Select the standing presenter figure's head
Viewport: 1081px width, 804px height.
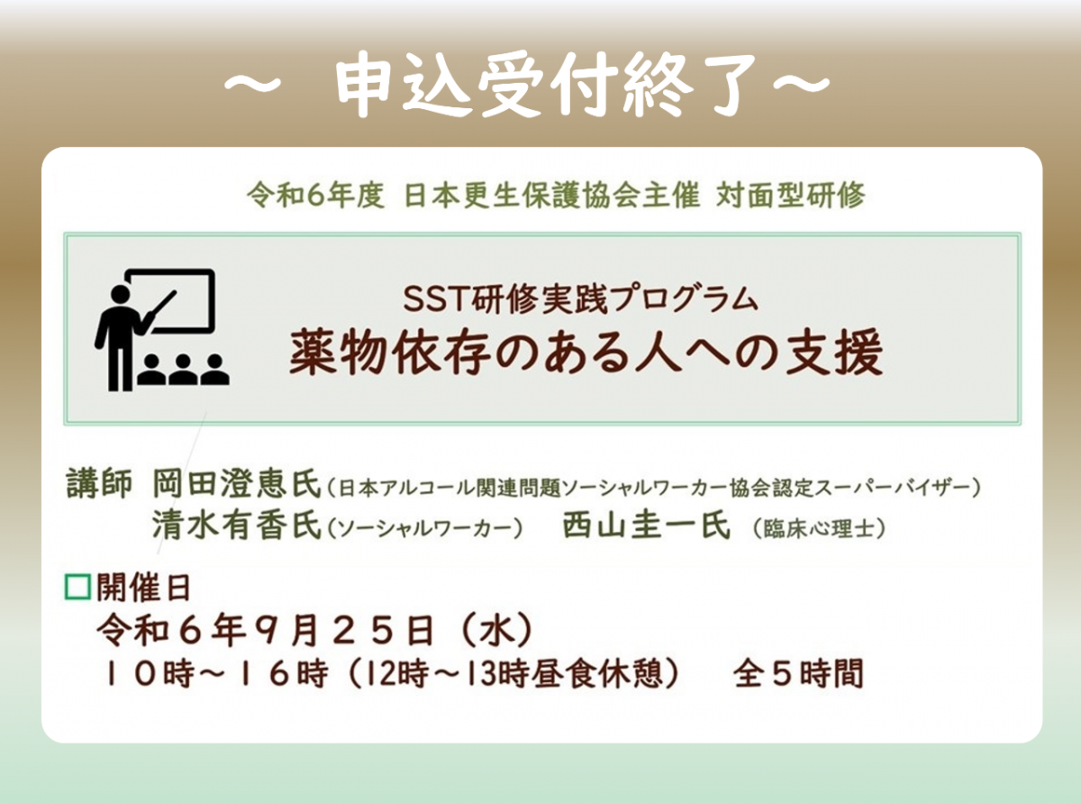pos(120,295)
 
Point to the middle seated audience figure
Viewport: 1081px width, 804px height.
pos(183,370)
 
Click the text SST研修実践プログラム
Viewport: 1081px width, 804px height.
pos(580,299)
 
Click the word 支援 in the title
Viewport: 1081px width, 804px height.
pos(833,352)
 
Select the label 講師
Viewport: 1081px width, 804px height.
pos(99,483)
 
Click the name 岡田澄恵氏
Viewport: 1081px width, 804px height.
pos(237,483)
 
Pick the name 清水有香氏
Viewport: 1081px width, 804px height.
pos(237,525)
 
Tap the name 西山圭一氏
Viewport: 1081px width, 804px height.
pos(646,525)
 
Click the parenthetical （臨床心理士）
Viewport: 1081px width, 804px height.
pos(819,528)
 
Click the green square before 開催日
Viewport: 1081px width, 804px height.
pos(78,587)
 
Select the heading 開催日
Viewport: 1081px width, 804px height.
pos(143,588)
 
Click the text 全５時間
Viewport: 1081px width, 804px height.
pos(798,673)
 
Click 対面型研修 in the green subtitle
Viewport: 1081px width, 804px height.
pos(791,195)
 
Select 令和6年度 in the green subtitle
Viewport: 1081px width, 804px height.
pos(315,195)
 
